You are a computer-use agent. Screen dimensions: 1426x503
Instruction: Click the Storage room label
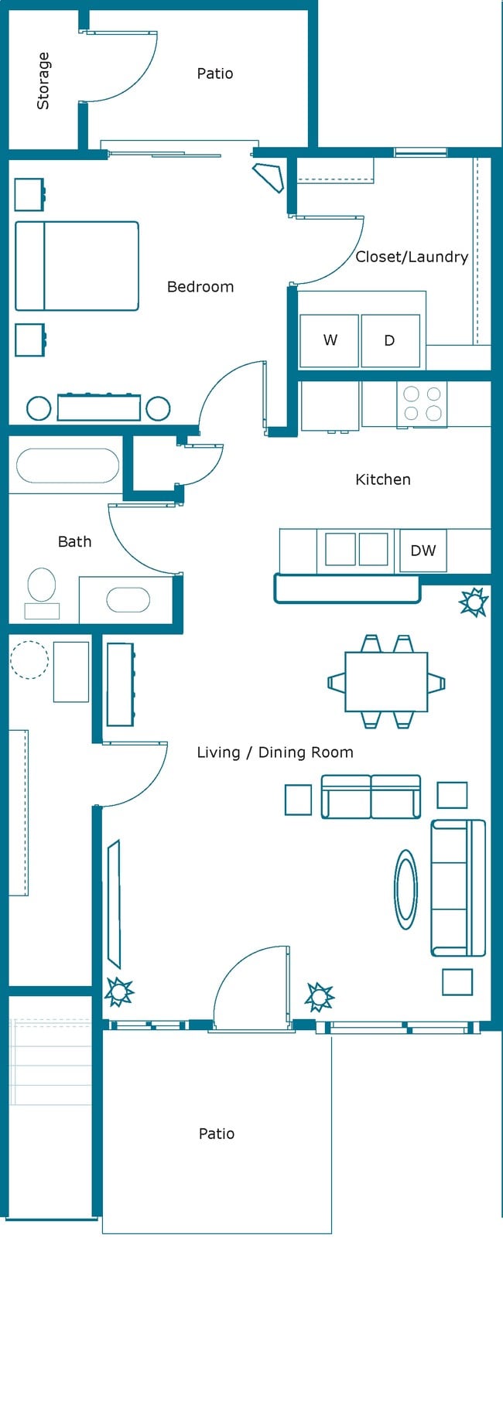pos(43,80)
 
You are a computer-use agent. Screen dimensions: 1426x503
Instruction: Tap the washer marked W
pos(330,340)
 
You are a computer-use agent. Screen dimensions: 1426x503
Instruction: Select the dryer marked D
pos(390,340)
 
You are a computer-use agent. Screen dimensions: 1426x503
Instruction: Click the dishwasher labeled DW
pos(423,551)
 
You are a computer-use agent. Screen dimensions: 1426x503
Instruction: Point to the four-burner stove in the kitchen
pos(422,404)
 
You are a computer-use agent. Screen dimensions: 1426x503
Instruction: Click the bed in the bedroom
pos(77,266)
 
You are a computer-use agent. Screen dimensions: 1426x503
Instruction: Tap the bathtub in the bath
pos(67,466)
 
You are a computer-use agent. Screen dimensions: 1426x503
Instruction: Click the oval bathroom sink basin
pos(128,600)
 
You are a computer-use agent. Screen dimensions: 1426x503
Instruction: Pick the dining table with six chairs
pos(386,681)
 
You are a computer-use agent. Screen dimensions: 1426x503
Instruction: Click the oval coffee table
pos(405,889)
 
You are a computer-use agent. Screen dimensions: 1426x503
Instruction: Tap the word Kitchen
pos(382,479)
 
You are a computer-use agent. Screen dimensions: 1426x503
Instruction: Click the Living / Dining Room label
pos(275,752)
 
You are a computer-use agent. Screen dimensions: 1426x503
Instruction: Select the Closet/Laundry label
pos(411,257)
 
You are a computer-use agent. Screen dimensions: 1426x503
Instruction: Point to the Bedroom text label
pos(200,287)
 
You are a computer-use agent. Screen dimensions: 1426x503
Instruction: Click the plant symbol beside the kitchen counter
pos(473,602)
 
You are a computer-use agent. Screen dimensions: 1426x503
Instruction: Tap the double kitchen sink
pos(356,550)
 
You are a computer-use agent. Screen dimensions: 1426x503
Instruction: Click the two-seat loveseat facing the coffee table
pos(371,797)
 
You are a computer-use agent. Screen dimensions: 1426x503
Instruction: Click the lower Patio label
pos(216,1134)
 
